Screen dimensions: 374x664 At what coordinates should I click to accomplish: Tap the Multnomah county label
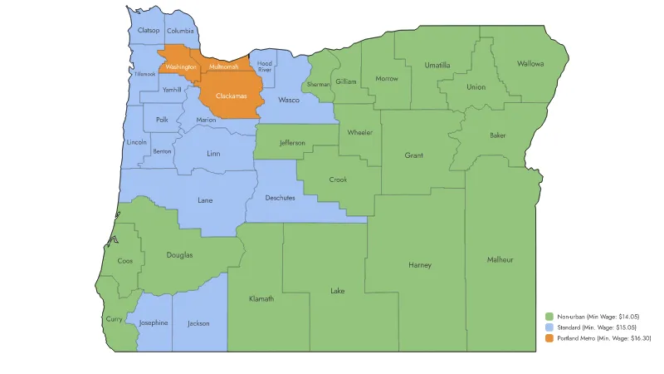pyautogui.click(x=223, y=66)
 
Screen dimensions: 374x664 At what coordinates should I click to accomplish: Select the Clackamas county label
pyautogui.click(x=231, y=96)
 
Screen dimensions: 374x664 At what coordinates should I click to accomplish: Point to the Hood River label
pyautogui.click(x=265, y=66)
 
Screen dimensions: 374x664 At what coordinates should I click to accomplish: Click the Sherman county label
pyautogui.click(x=319, y=85)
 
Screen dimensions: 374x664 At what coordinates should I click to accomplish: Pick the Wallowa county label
pyautogui.click(x=530, y=63)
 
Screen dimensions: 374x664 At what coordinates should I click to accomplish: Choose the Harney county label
pyautogui.click(x=420, y=265)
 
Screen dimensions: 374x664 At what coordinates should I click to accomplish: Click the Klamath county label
pyautogui.click(x=261, y=298)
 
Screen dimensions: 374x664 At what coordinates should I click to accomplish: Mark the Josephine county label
pyautogui.click(x=154, y=322)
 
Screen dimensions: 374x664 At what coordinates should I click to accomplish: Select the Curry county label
pyautogui.click(x=114, y=318)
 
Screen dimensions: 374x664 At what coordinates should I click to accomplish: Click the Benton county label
pyautogui.click(x=162, y=151)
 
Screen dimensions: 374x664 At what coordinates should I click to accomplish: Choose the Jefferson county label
pyautogui.click(x=291, y=143)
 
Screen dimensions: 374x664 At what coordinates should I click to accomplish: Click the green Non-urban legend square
pyautogui.click(x=550, y=317)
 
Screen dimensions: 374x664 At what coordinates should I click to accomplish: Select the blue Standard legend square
pyautogui.click(x=550, y=327)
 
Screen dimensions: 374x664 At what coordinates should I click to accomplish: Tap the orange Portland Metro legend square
pyautogui.click(x=550, y=338)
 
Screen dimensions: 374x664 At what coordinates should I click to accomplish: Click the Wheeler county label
pyautogui.click(x=360, y=133)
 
